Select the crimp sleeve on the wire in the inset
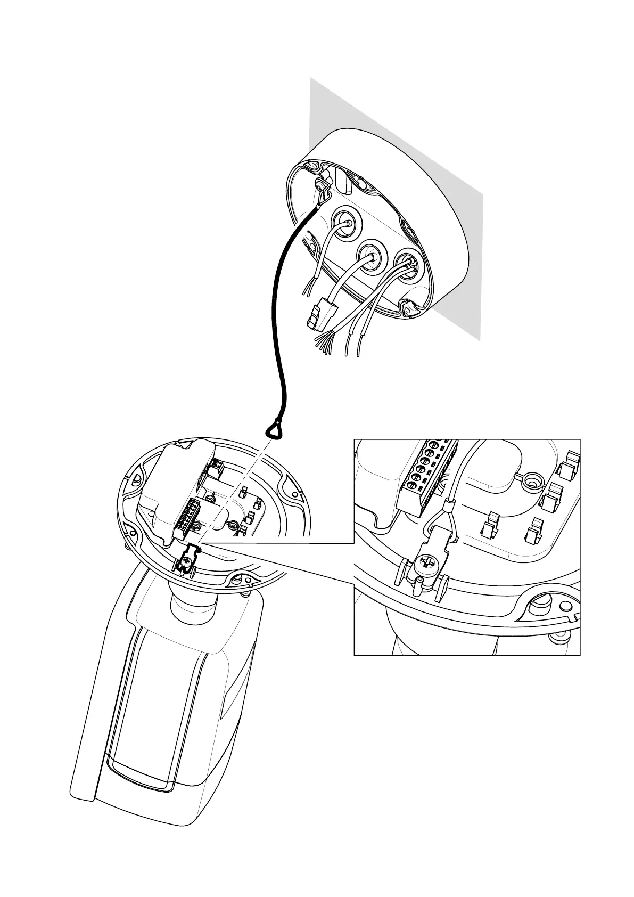[449, 503]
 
